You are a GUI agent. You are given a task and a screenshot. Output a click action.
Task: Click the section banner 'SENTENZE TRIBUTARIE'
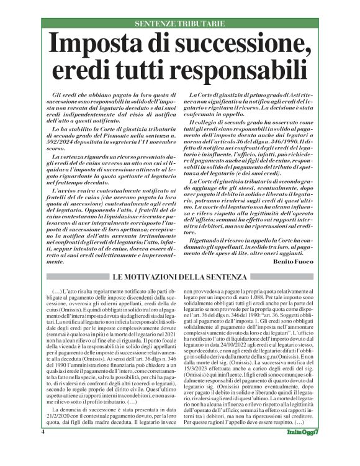click(180, 24)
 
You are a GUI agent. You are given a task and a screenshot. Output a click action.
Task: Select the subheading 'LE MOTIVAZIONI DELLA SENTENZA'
click(180, 276)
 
